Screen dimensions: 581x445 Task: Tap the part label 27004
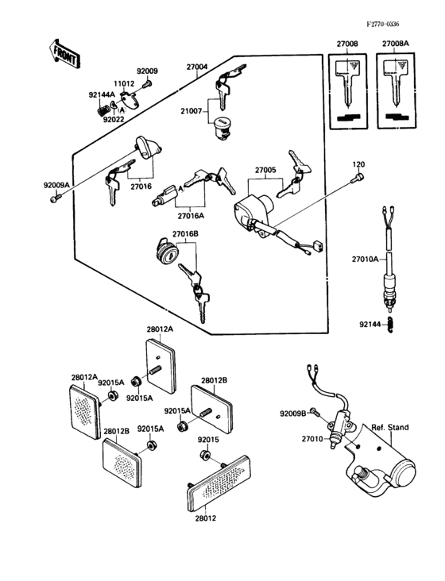197,67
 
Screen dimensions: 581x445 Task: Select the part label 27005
265,169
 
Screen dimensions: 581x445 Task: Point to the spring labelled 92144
391,325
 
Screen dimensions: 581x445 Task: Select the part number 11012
123,83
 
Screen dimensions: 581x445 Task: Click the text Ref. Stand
389,427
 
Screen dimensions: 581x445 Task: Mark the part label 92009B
292,414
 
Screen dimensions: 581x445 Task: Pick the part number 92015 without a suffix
209,438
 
